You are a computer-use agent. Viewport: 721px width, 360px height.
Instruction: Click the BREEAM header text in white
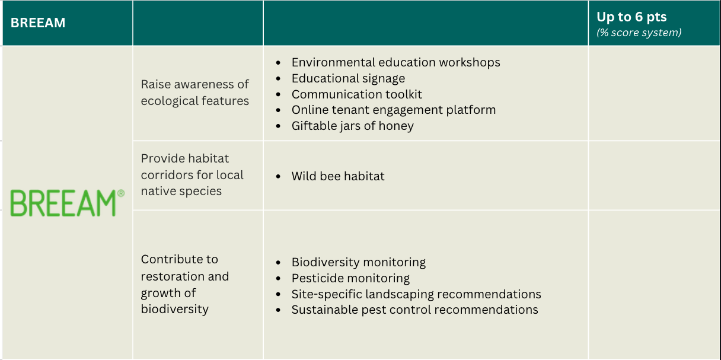click(38, 23)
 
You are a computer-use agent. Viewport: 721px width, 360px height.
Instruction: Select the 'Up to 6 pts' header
click(631, 17)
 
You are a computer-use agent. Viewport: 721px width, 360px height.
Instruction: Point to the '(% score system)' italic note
click(639, 33)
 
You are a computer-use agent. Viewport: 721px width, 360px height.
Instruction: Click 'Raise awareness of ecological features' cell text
click(194, 93)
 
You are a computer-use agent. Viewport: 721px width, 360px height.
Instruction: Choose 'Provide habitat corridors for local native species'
click(192, 175)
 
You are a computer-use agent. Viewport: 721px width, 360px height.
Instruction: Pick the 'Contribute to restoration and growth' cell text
click(184, 284)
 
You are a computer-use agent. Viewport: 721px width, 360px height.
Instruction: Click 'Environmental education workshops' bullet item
click(395, 62)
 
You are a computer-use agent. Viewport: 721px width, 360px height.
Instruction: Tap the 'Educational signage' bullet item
click(348, 78)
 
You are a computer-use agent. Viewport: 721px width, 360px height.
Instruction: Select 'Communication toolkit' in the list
click(356, 94)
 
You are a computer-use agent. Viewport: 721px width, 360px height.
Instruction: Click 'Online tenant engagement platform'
click(393, 110)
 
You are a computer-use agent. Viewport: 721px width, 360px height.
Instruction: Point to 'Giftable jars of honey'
click(352, 126)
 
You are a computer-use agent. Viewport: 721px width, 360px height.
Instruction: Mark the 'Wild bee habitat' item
click(338, 176)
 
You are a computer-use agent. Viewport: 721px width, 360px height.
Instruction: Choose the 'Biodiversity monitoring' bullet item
click(358, 262)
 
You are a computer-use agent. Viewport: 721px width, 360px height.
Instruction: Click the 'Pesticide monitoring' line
click(350, 278)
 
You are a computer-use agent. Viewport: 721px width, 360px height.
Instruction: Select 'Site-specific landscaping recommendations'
click(416, 294)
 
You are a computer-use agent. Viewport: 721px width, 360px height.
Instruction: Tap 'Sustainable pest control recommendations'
click(414, 310)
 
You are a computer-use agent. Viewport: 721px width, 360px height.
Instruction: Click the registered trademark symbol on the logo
click(121, 193)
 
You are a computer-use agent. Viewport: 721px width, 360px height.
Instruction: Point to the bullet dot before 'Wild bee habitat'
click(279, 177)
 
